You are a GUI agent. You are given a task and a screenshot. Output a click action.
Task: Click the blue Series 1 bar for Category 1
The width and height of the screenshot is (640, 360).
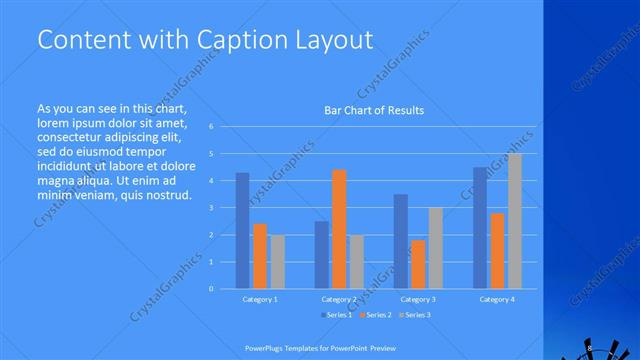click(243, 230)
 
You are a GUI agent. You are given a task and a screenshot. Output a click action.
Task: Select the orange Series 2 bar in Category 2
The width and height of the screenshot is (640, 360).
click(339, 229)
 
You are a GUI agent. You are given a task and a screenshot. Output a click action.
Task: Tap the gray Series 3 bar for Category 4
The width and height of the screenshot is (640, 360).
click(515, 221)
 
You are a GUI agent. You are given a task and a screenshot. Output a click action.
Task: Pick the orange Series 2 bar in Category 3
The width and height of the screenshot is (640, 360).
click(417, 264)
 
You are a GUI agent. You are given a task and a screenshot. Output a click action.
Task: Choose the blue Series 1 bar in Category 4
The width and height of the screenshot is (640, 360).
click(481, 228)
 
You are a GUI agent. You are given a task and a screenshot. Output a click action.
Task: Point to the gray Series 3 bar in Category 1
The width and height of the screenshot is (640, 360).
click(277, 261)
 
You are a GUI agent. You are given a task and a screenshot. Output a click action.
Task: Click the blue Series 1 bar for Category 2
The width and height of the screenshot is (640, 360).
click(322, 254)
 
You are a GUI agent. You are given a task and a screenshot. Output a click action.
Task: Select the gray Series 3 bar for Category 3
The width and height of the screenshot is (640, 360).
click(434, 248)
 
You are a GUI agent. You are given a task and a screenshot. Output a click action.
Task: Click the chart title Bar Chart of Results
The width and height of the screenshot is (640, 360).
click(374, 110)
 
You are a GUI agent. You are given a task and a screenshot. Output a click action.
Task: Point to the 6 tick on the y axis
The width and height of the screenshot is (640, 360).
click(211, 127)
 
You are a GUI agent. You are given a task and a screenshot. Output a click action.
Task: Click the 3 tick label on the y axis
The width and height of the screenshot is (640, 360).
click(211, 208)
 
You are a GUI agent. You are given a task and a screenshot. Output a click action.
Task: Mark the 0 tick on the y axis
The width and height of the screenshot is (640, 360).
click(211, 289)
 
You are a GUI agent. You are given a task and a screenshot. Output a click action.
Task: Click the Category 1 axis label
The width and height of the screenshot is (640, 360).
click(260, 299)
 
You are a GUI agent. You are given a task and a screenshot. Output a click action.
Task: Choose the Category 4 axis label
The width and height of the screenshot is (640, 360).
click(497, 299)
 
